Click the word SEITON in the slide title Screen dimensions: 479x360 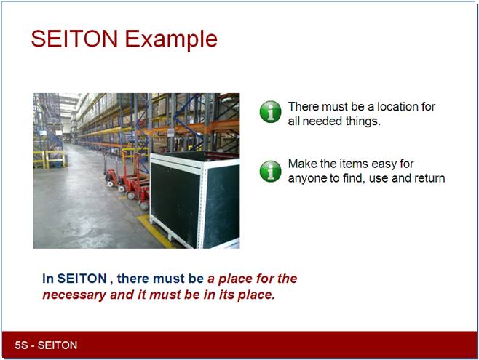pos(74,39)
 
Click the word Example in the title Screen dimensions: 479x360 pos(171,40)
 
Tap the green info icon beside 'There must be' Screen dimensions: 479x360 pos(270,112)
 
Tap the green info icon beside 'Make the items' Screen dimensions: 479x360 pos(270,171)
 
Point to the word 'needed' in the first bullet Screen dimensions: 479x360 pos(322,121)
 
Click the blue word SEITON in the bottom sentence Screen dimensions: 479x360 pos(82,279)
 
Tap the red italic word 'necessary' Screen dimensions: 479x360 pos(74,295)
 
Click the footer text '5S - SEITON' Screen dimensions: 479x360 pos(46,345)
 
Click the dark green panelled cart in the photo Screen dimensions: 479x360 pos(194,200)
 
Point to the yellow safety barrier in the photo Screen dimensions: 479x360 pos(50,159)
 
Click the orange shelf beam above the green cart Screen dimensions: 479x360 pos(196,127)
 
